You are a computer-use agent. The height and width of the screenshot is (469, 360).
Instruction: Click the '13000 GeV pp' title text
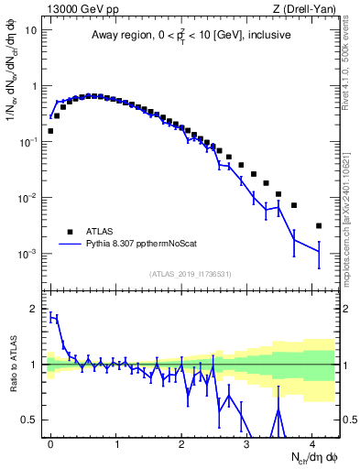[80, 8]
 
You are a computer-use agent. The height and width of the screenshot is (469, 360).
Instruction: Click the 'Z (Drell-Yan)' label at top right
[307, 8]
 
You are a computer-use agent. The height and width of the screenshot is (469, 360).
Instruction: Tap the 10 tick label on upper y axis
[31, 29]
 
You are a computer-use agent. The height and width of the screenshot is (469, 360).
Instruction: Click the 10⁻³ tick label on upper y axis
[29, 254]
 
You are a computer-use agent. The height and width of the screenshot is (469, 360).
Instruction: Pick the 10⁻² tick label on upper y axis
[29, 198]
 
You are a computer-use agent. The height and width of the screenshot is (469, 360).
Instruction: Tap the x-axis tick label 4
[312, 442]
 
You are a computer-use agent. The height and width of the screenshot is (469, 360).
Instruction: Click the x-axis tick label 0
[50, 442]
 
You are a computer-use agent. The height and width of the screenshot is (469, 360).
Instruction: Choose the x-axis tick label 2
[181, 442]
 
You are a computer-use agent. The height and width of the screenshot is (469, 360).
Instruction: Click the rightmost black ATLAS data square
[319, 225]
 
